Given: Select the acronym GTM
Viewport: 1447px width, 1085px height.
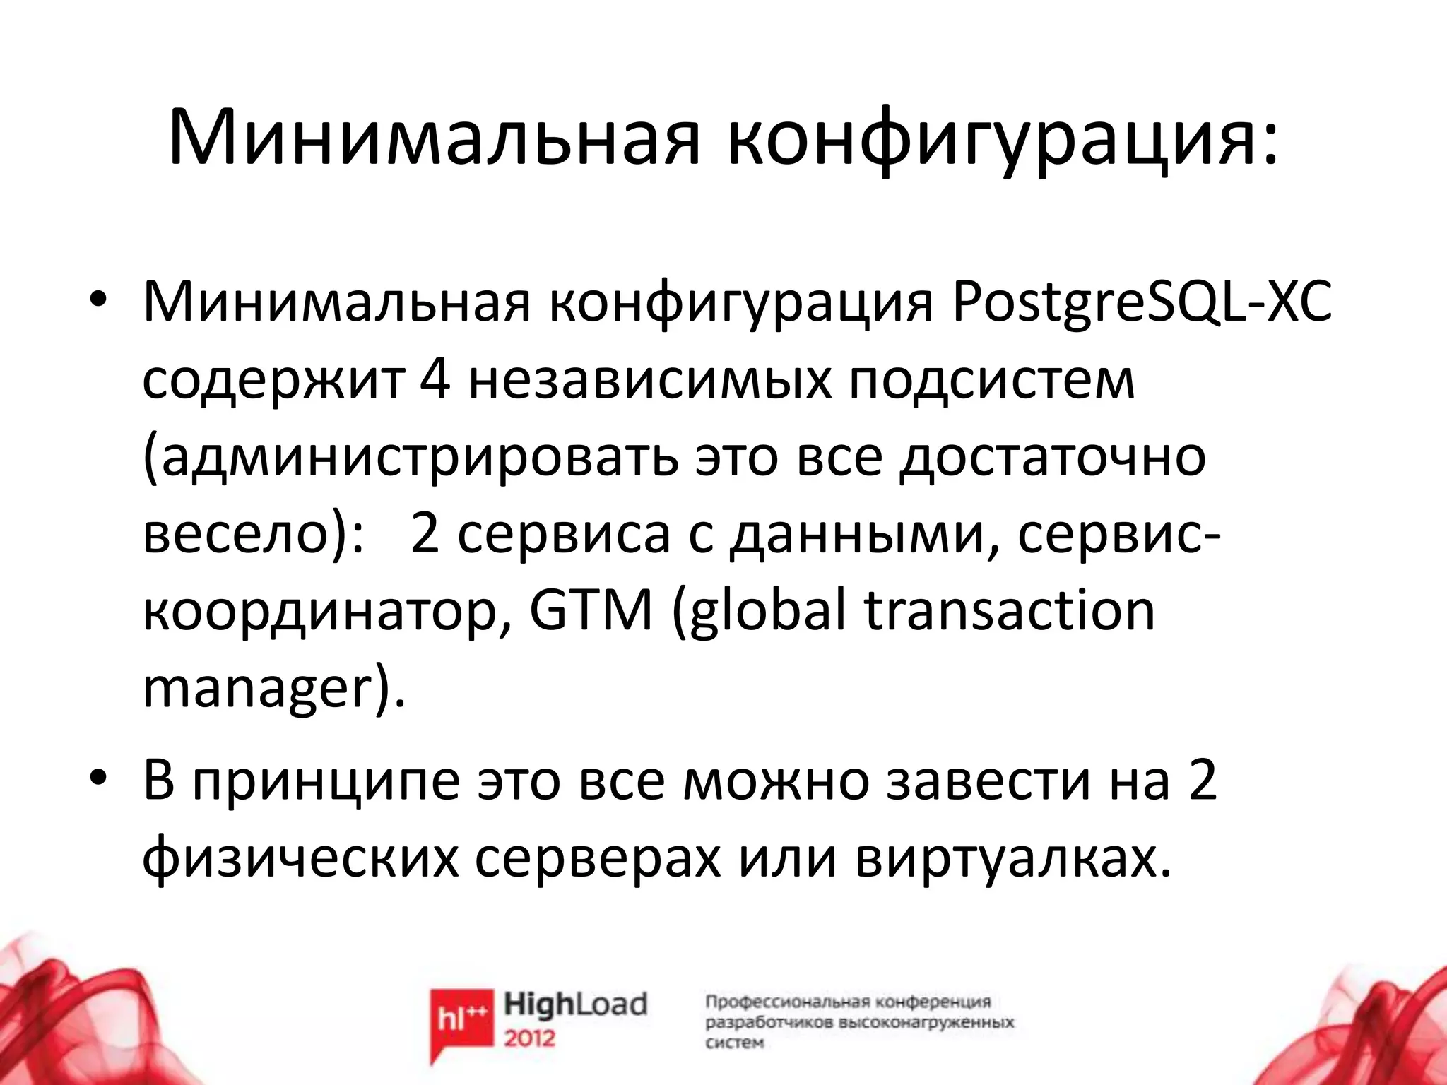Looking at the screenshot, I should pos(591,610).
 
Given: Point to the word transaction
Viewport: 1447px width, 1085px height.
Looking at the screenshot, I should pos(1010,610).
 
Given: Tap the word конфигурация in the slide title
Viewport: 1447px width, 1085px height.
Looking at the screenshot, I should pos(1003,138).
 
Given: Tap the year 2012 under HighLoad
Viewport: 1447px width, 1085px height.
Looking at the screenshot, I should pos(530,1038).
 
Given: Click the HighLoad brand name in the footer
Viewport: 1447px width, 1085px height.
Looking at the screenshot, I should pos(575,1004).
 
